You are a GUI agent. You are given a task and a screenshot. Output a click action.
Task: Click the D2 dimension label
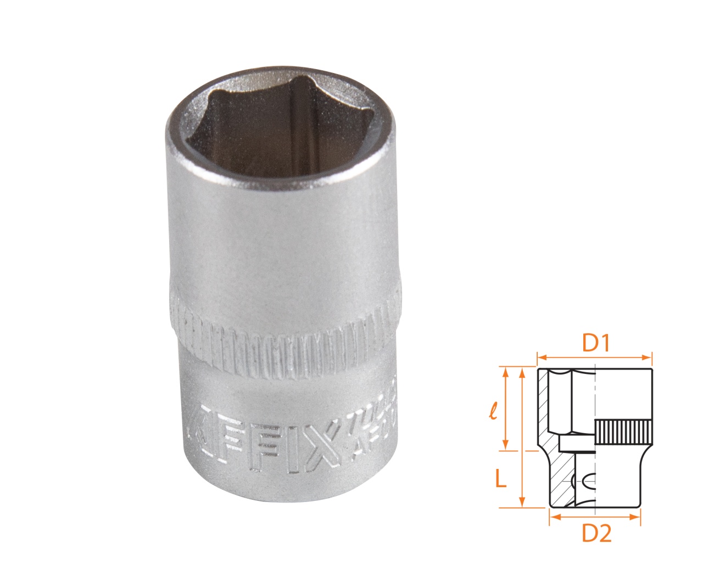596,534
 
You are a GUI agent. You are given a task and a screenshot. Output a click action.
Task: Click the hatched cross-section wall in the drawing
544,406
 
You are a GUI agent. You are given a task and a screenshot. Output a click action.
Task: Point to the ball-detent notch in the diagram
585,482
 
